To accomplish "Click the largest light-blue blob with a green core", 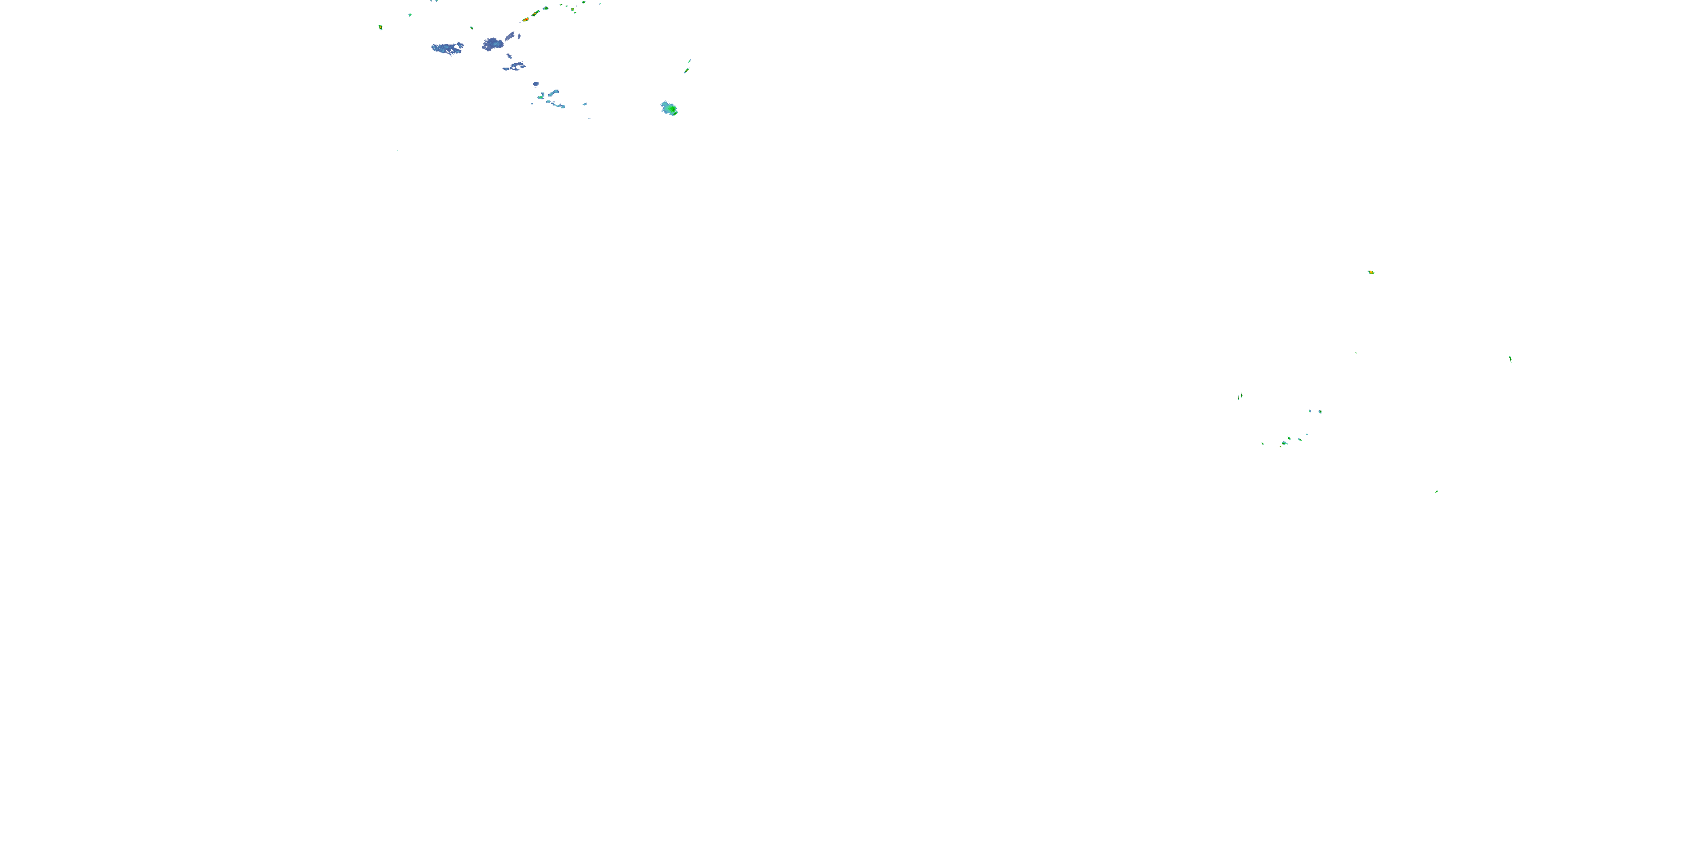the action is tap(669, 108).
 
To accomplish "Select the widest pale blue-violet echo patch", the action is tap(447, 48).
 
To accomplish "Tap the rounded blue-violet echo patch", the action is tap(492, 44).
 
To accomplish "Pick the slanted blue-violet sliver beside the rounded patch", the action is tap(510, 37).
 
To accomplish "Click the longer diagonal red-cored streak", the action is tap(535, 12).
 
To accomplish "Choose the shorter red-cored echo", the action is tap(526, 20).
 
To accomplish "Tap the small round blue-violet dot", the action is tap(536, 83).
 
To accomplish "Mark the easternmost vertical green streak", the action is tap(1510, 359).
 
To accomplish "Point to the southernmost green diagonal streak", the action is tap(1437, 491).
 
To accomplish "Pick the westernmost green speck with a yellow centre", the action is tap(380, 28).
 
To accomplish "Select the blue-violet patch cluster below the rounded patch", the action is tap(515, 67).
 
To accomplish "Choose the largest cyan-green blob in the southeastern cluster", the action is tap(1284, 443).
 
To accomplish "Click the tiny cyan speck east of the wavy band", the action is tap(584, 104).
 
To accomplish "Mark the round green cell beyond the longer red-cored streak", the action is tap(546, 8).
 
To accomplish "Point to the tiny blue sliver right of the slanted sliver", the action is tap(519, 36).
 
